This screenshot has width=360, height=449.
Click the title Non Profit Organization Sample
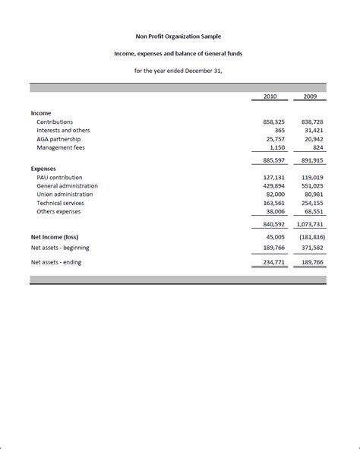[179, 36]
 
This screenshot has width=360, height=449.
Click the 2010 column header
[270, 96]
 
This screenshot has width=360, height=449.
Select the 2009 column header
[311, 96]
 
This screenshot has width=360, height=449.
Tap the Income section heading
[41, 112]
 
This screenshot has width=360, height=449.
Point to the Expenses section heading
[44, 169]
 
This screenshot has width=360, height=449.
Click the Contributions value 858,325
[267, 122]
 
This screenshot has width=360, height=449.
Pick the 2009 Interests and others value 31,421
[311, 130]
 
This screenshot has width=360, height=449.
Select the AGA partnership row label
[60, 139]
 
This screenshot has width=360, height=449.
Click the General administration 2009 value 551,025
[310, 185]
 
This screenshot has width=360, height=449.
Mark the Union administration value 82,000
[269, 194]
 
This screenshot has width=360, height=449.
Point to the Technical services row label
[60, 203]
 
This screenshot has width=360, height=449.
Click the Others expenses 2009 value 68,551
[311, 211]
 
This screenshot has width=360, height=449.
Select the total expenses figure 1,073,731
[308, 225]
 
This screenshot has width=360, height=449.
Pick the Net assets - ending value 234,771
[267, 263]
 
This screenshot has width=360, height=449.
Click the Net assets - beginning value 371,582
[310, 247]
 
